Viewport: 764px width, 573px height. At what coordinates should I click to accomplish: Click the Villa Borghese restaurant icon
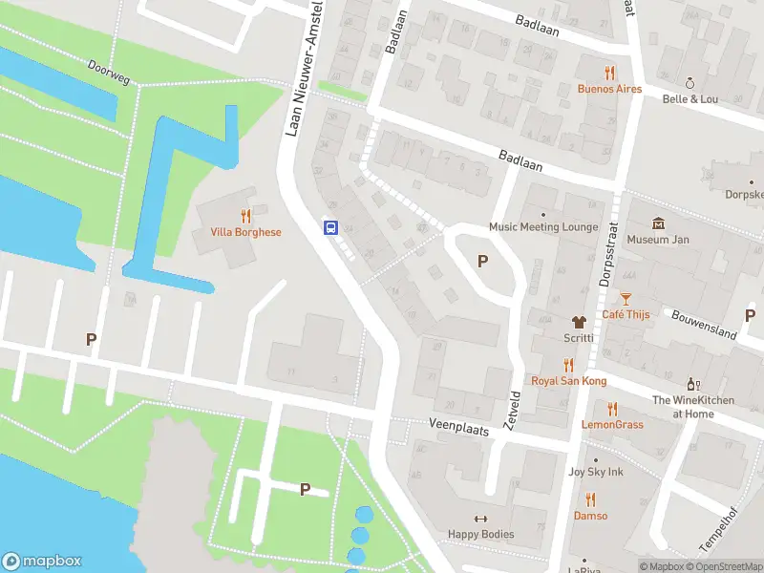click(245, 216)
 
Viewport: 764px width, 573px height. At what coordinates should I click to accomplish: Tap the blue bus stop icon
click(330, 227)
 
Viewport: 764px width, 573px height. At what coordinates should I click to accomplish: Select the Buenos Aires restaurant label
click(609, 89)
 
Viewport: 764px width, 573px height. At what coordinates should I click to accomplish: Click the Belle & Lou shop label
click(690, 98)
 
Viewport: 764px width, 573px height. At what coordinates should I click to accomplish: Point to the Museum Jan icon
click(658, 223)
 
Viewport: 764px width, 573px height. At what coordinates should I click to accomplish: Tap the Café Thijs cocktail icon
click(626, 299)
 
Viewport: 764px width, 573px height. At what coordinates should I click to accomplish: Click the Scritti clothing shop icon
click(577, 322)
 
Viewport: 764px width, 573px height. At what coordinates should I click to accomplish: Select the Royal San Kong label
click(569, 381)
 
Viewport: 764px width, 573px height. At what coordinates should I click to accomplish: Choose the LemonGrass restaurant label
click(612, 424)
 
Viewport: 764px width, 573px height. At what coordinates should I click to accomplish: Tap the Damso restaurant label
click(589, 516)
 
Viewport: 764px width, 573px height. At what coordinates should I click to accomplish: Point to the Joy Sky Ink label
click(596, 472)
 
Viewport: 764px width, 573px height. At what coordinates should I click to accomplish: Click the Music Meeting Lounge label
click(543, 227)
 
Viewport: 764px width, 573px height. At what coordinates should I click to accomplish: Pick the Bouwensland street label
click(703, 325)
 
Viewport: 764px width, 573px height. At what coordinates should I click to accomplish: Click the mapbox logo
click(41, 562)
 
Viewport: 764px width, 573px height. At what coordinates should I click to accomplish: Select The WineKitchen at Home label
click(694, 407)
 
